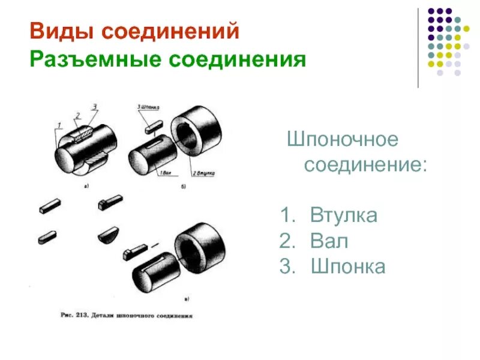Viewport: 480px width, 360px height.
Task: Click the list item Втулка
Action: pos(344,215)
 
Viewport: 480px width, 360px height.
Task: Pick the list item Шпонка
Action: pos(348,267)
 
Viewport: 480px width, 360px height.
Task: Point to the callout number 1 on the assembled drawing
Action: pos(58,126)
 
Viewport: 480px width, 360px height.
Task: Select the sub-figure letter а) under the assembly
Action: pos(86,187)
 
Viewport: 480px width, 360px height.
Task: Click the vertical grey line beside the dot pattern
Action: pos(418,48)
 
